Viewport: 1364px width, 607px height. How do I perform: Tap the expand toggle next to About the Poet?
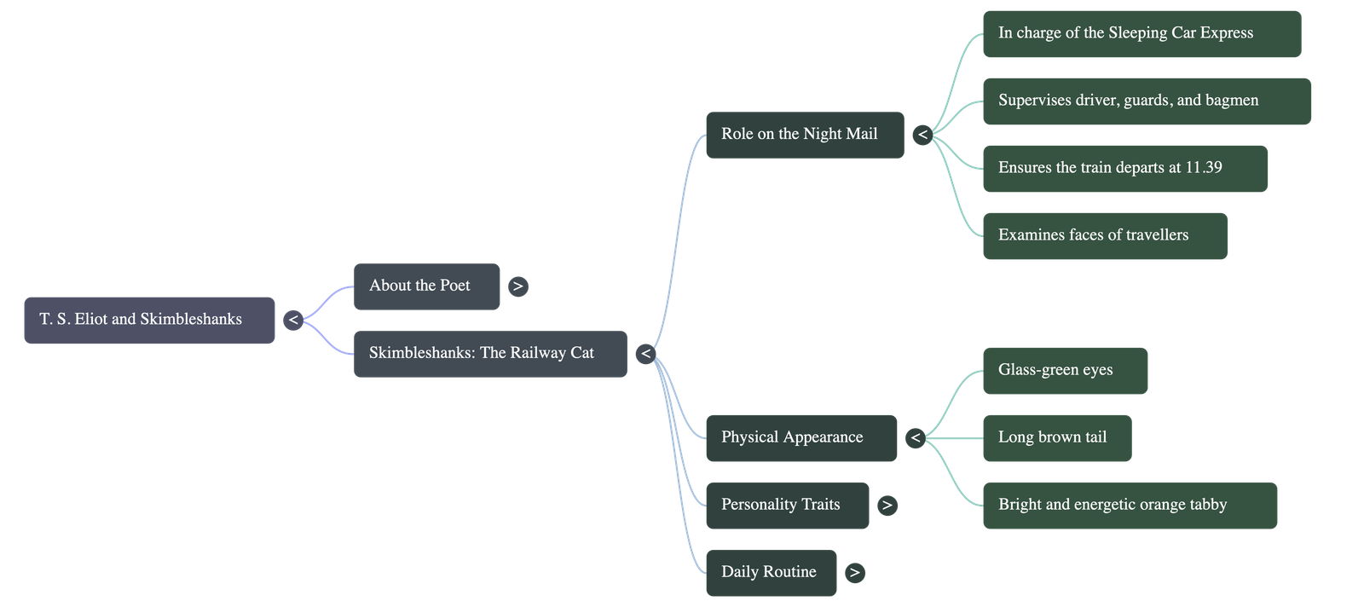(x=517, y=286)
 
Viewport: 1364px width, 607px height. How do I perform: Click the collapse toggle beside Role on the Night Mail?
(x=922, y=135)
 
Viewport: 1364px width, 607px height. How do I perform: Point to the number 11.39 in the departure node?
(x=1203, y=168)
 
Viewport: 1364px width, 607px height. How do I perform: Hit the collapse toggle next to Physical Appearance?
(x=916, y=438)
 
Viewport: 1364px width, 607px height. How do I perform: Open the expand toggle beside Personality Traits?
(x=887, y=506)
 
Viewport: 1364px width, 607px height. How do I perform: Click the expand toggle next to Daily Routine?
(x=854, y=573)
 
